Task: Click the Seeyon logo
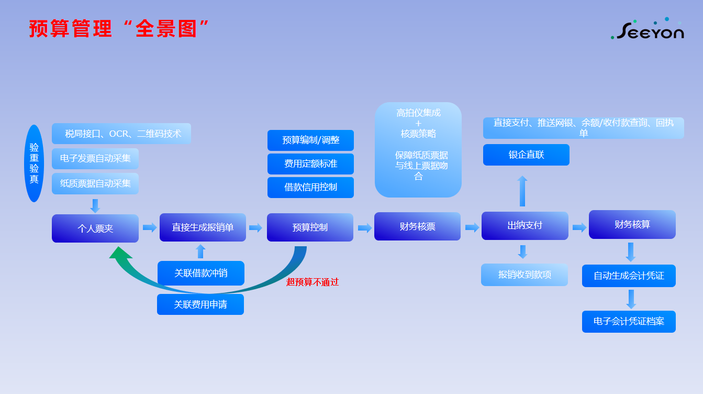[647, 29]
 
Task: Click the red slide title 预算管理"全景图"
[119, 29]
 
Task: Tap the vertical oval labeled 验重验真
[34, 163]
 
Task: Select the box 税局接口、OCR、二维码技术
[121, 134]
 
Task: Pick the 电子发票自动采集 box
[95, 158]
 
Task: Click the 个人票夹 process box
[95, 228]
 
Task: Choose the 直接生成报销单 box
[203, 227]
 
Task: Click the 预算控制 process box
[310, 227]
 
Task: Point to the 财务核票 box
[417, 226]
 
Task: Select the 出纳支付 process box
[525, 226]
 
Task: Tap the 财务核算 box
[632, 224]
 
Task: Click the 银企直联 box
[526, 155]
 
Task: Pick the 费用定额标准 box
[311, 163]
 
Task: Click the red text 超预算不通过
[313, 282]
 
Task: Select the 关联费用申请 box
[200, 304]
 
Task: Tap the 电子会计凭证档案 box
[629, 321]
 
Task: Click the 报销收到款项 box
[525, 275]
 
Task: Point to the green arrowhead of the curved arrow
[120, 253]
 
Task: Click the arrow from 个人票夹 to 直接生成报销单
[150, 227]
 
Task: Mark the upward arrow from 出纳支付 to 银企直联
[522, 191]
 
